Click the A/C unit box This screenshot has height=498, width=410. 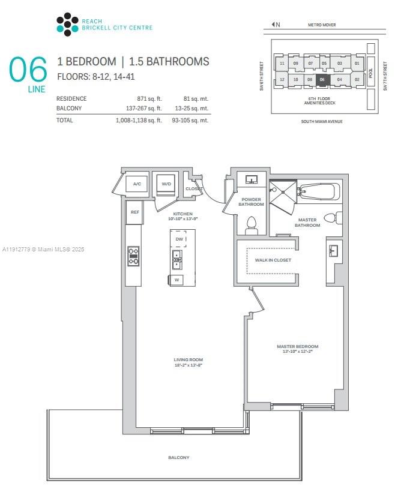click(137, 184)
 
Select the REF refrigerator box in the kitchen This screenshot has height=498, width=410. click(134, 212)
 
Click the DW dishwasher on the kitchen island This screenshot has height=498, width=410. click(179, 239)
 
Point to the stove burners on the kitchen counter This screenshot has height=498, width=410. click(133, 256)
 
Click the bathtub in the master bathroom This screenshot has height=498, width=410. click(319, 192)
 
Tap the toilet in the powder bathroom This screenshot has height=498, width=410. click(252, 224)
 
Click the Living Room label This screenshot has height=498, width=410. click(188, 360)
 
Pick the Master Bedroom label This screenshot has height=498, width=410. click(297, 347)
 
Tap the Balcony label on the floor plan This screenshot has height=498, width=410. click(178, 457)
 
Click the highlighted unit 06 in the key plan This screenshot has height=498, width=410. click(322, 79)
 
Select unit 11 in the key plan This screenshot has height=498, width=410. click(282, 63)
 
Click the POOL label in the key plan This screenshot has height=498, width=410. click(370, 71)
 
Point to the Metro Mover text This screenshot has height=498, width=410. click(322, 25)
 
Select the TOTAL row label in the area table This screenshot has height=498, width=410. click(65, 120)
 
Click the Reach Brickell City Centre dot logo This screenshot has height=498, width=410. click(67, 24)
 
